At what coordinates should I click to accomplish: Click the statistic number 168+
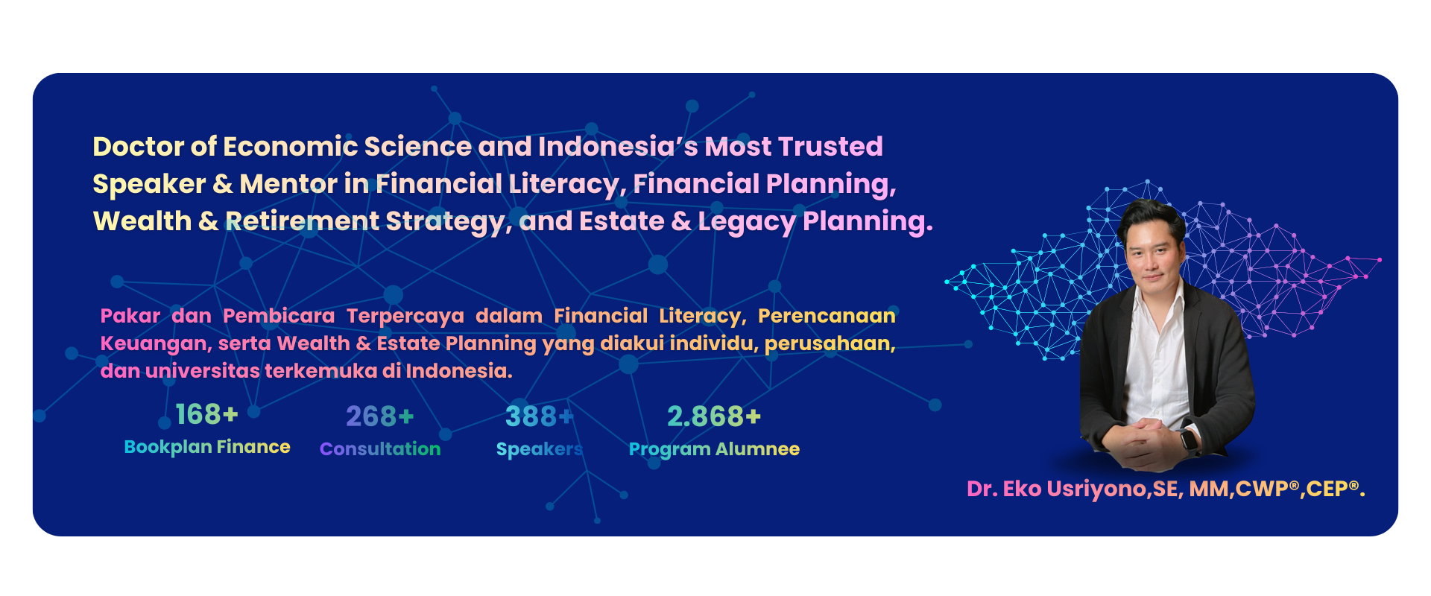206,414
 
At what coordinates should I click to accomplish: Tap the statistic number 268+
379,416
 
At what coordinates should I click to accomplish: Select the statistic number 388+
539,416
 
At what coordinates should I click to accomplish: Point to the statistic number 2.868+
714,416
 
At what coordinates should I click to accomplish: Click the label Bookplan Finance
207,447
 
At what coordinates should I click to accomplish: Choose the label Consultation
380,449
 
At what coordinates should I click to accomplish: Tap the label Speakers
540,449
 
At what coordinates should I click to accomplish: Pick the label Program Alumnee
714,449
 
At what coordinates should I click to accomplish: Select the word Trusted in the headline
831,147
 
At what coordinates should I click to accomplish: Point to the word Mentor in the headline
288,184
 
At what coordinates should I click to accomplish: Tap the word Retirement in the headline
303,221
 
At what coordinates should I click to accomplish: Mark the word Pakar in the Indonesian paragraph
130,316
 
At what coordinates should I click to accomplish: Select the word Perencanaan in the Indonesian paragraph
827,316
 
